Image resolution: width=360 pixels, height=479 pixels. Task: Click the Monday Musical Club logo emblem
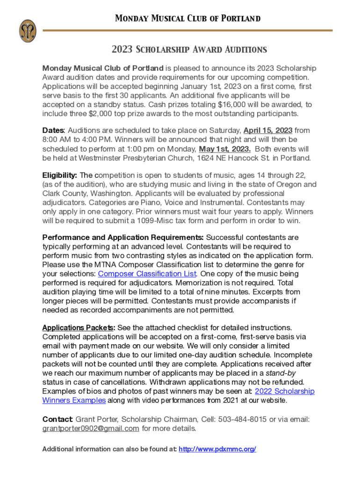pyautogui.click(x=28, y=31)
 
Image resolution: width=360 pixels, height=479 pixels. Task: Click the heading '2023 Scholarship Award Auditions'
pyautogui.click(x=189, y=50)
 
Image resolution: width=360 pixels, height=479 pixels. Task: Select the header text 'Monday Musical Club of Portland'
pyautogui.click(x=187, y=19)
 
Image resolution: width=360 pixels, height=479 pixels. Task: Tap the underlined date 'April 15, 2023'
pyautogui.click(x=268, y=131)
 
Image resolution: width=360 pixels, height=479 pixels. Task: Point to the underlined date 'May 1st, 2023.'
pyautogui.click(x=225, y=149)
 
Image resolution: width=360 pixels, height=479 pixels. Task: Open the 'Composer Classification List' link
pyautogui.click(x=147, y=274)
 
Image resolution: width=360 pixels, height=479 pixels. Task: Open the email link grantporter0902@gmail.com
pyautogui.click(x=91, y=428)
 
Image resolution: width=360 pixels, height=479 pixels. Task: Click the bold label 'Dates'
pyautogui.click(x=52, y=131)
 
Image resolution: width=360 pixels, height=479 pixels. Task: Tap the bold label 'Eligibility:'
pyautogui.click(x=60, y=175)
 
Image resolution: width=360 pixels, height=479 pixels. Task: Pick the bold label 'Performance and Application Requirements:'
pyautogui.click(x=123, y=238)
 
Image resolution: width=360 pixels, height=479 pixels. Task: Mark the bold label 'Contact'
pyautogui.click(x=57, y=419)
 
